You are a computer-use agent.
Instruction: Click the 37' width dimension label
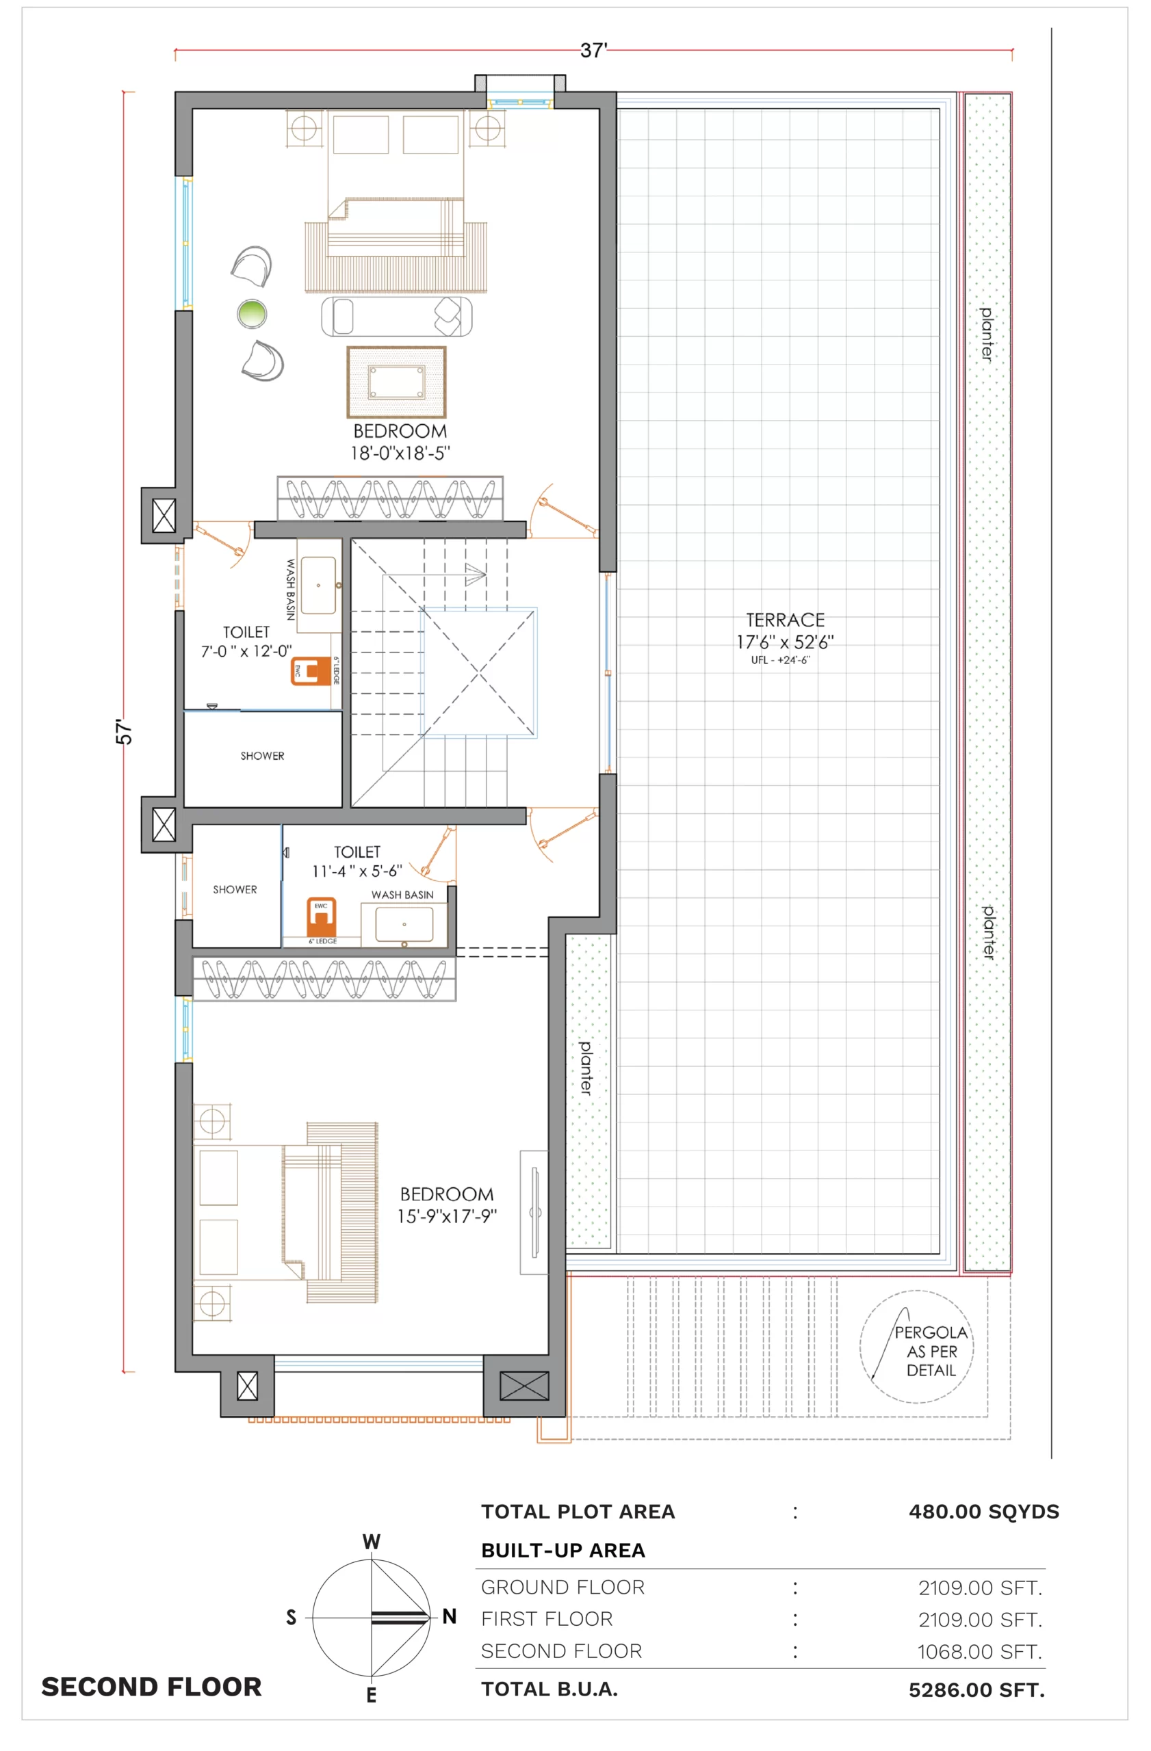click(x=593, y=50)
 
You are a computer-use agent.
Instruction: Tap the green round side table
click(x=252, y=313)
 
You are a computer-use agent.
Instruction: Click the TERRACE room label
click(x=786, y=620)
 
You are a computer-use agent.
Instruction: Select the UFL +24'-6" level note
click(x=780, y=660)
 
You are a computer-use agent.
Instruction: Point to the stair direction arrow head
click(x=476, y=573)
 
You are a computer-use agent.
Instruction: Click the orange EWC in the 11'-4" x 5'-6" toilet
click(x=322, y=916)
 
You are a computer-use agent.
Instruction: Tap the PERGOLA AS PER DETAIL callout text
click(x=931, y=1351)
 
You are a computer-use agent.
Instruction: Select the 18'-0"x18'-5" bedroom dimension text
click(x=400, y=453)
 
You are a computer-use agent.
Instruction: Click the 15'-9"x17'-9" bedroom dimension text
click(x=447, y=1216)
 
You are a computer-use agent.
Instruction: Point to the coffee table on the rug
click(x=397, y=382)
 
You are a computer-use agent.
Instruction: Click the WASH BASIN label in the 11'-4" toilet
click(x=402, y=895)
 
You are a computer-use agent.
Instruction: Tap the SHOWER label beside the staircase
click(x=262, y=756)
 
